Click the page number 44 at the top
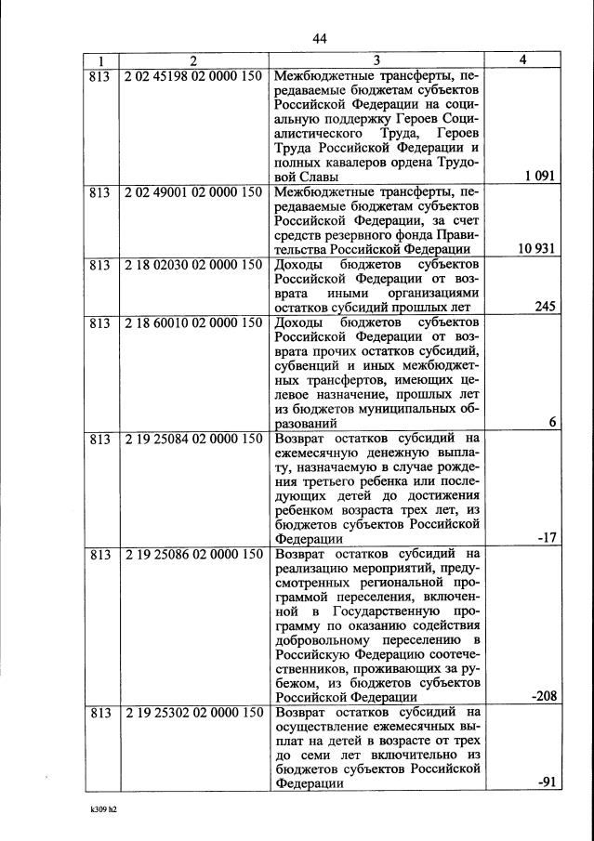tap(320, 38)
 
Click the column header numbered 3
tap(378, 60)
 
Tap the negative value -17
tap(547, 537)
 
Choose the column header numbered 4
tap(522, 60)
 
